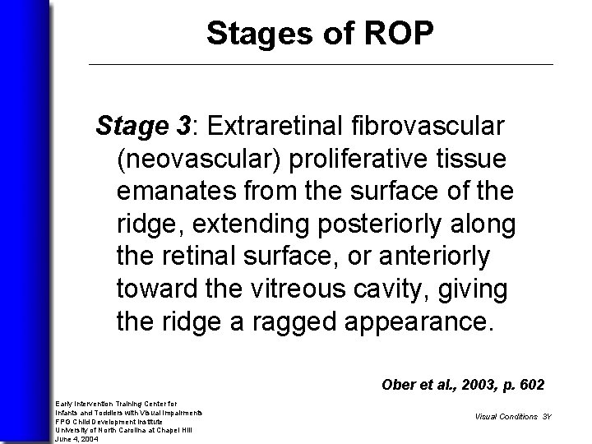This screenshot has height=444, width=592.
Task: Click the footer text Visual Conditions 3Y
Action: click(513, 416)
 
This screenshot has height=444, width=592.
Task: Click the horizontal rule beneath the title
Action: click(320, 64)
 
